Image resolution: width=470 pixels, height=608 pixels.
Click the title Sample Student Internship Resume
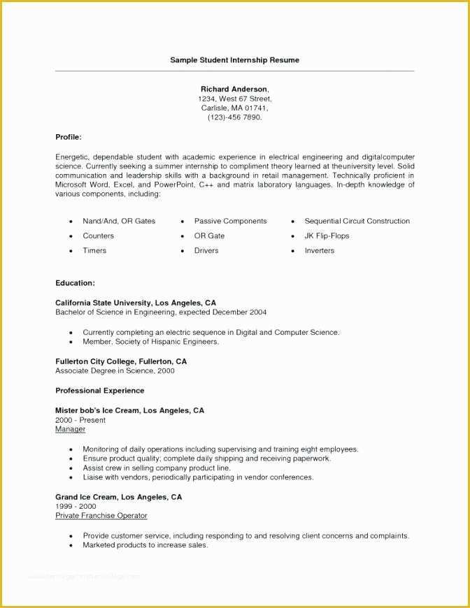234,60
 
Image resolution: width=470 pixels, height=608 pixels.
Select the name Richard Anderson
234,89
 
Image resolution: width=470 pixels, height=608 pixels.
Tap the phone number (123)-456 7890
234,117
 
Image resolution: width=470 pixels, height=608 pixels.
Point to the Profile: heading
69,137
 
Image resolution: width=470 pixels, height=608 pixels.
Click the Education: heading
75,283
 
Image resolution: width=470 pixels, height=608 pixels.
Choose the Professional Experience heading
100,391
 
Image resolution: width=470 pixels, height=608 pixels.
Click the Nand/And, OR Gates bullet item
119,221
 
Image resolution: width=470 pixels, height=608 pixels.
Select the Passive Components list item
230,221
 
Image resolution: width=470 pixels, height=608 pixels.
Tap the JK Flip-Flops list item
327,236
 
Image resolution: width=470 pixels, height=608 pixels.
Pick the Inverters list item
319,250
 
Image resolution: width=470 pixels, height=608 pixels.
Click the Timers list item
94,250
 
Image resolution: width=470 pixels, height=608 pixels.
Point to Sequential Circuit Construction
357,221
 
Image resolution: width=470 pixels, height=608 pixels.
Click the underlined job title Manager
70,429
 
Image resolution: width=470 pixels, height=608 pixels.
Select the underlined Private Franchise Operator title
101,515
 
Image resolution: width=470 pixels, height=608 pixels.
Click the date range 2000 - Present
80,420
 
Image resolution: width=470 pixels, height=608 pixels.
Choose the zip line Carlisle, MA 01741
234,108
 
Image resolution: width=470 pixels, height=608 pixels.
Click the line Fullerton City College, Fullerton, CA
121,361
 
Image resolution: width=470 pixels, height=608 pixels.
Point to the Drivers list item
206,250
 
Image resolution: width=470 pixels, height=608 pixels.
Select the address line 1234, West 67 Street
234,99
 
